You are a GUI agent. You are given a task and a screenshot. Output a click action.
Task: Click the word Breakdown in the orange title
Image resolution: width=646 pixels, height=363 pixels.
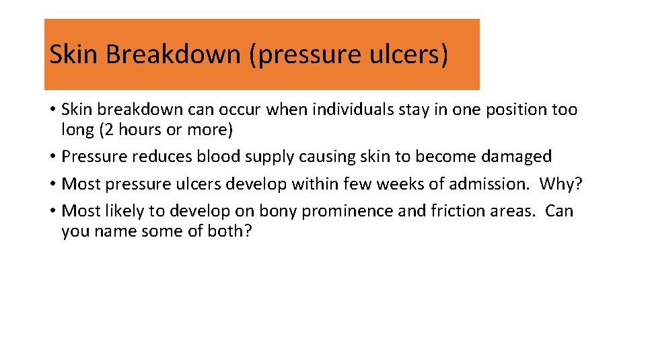point(173,54)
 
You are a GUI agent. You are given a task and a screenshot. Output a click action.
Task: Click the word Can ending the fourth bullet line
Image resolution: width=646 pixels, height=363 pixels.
point(559,211)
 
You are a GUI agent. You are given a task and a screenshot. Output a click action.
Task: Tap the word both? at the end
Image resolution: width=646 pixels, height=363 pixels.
point(229,231)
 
